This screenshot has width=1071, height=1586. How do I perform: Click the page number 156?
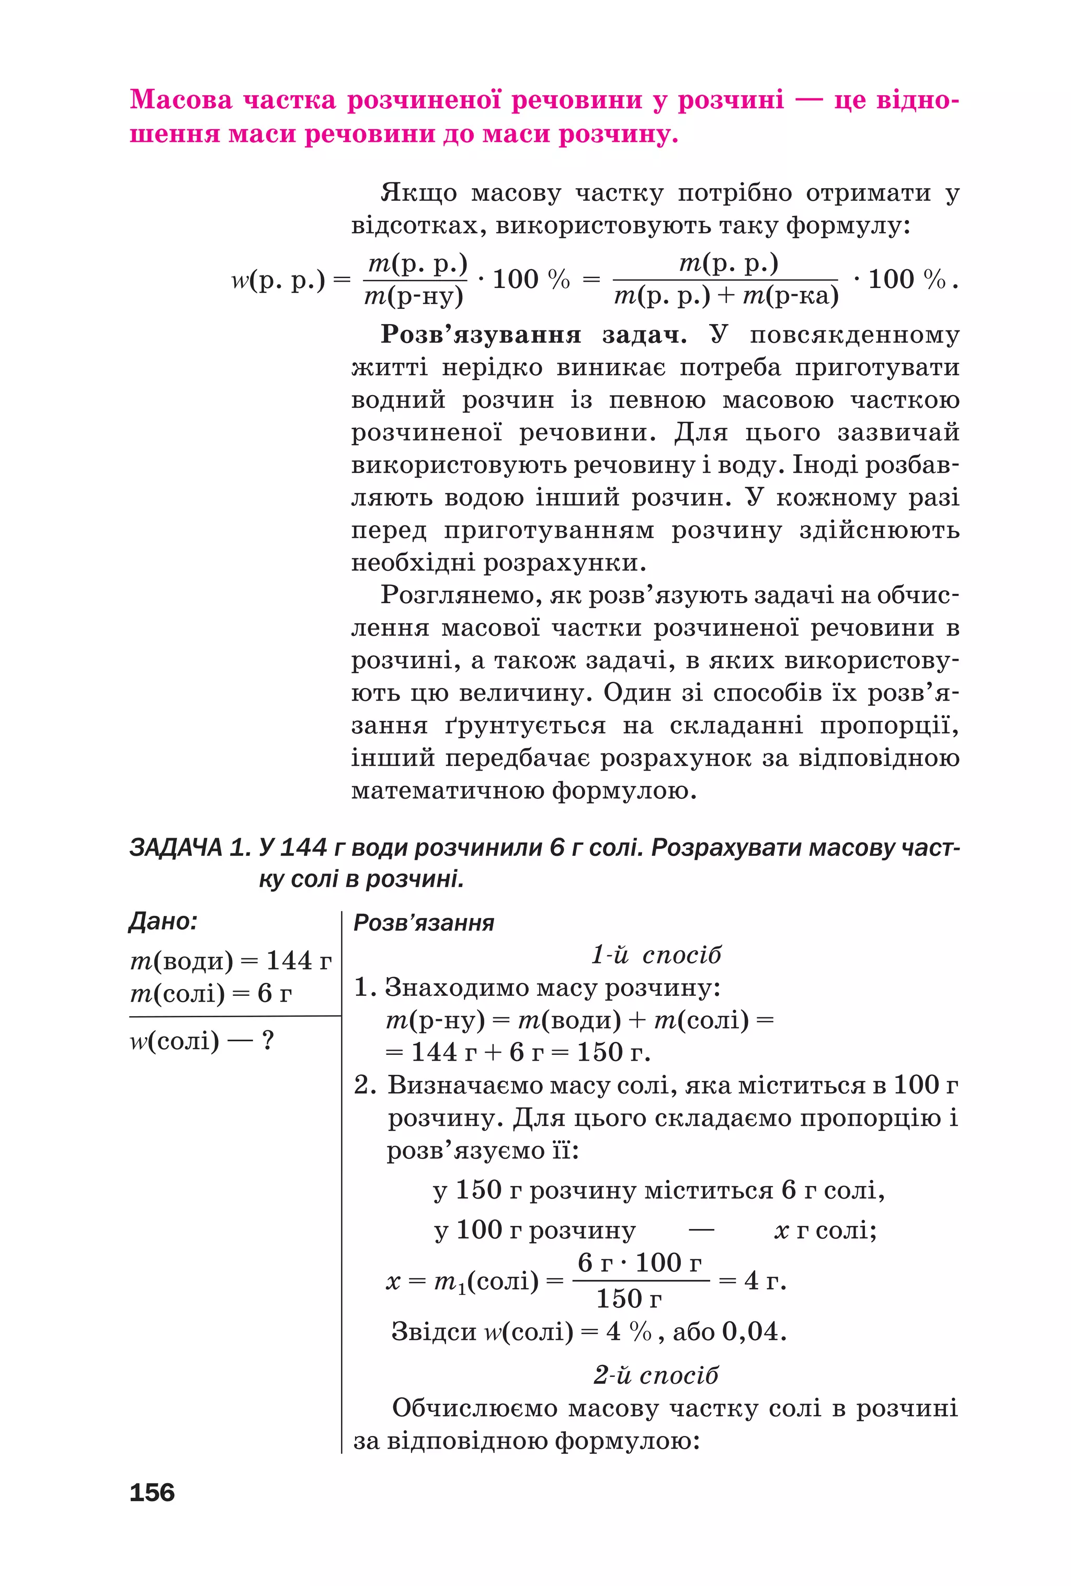(152, 1492)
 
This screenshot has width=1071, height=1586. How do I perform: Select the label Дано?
(163, 921)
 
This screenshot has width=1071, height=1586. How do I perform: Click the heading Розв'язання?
(423, 923)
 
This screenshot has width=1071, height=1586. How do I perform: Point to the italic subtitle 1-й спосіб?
(655, 955)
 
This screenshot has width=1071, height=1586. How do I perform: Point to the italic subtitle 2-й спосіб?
(655, 1375)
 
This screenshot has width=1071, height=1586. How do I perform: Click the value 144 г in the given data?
(298, 961)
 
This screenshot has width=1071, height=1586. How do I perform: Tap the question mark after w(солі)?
(268, 1041)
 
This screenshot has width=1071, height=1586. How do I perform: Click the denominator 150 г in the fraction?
(629, 1298)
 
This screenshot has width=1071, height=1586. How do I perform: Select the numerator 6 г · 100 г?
(639, 1262)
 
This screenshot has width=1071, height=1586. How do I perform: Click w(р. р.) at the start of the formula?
(277, 280)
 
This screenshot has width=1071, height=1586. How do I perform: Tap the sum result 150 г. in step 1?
(612, 1052)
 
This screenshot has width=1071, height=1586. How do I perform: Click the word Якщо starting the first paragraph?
(418, 193)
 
